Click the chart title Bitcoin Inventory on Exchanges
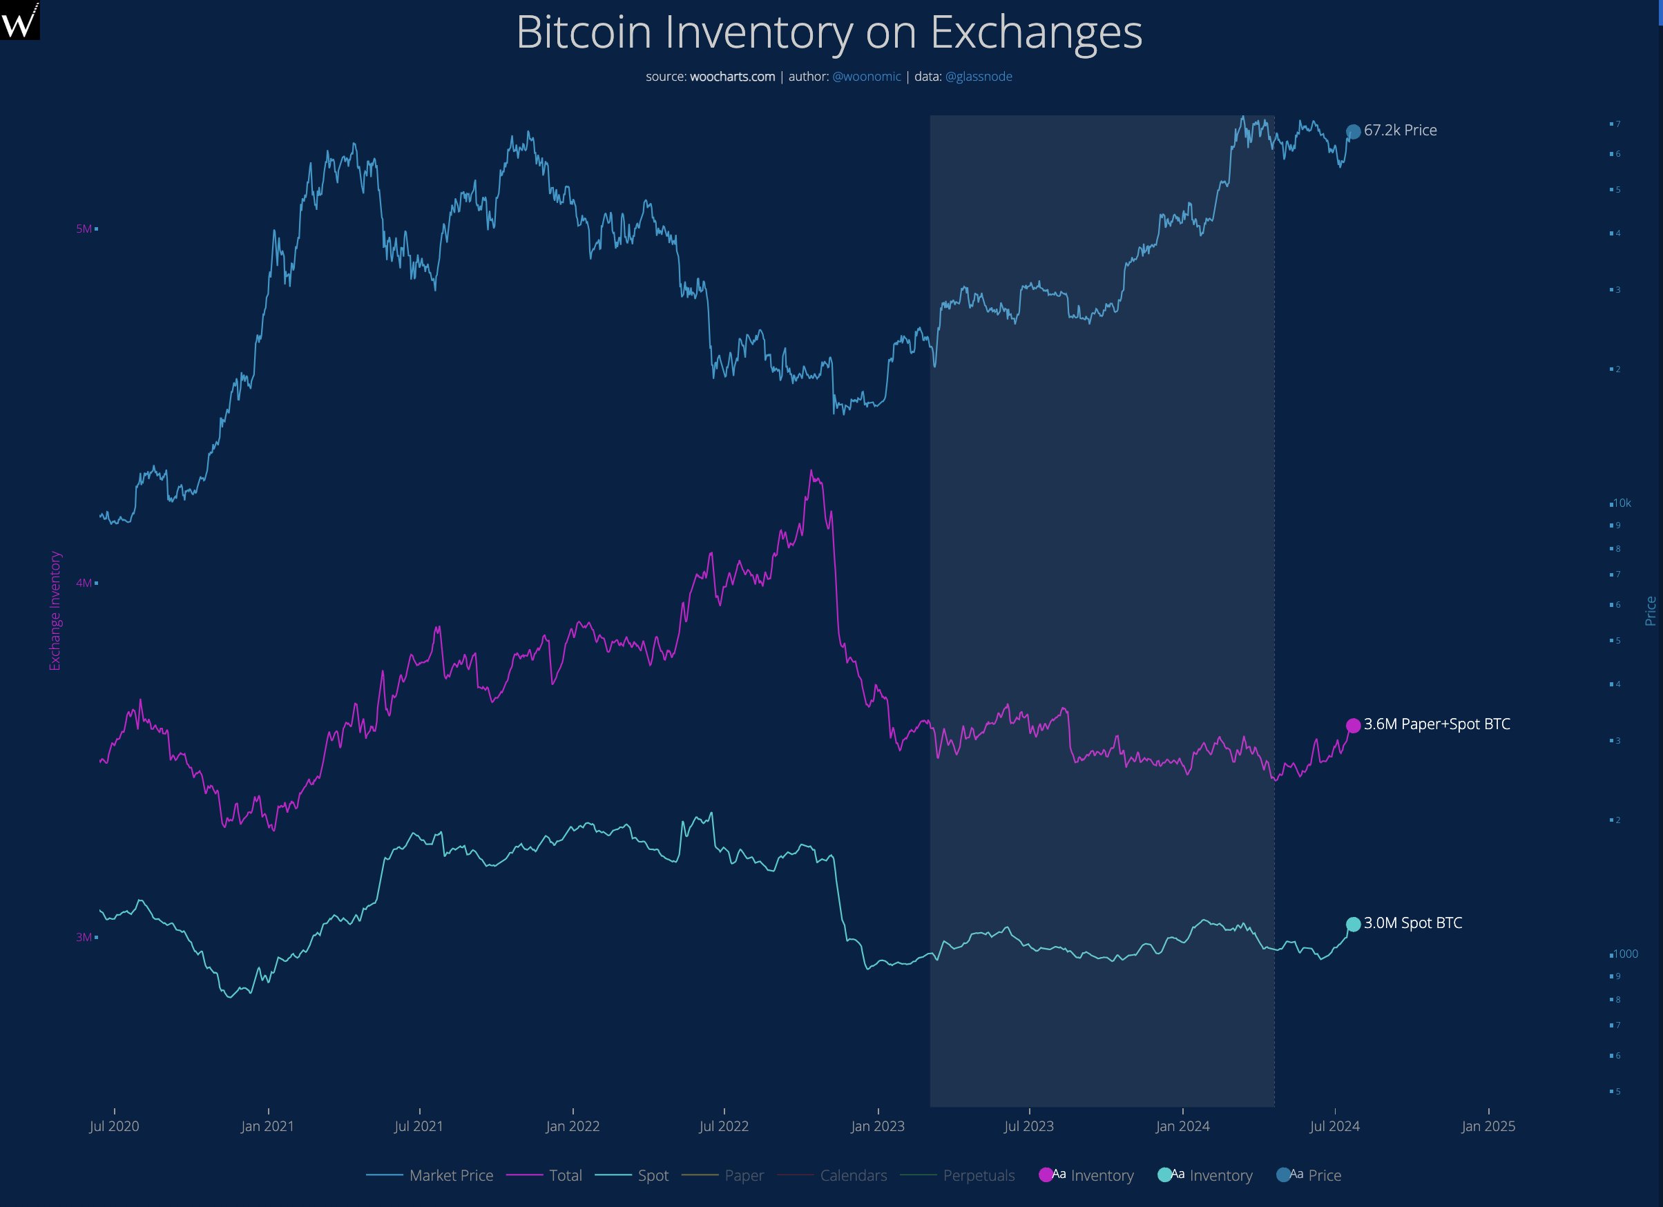829,32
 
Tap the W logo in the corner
19,20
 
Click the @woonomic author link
866,76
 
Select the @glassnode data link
978,76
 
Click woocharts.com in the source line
732,76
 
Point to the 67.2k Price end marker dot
1354,132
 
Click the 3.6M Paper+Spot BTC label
1436,724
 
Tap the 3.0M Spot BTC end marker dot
1354,924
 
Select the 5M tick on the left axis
84,229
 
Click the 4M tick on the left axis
84,583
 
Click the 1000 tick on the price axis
1624,954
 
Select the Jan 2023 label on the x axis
878,1126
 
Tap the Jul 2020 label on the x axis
115,1126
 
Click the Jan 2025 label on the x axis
1488,1126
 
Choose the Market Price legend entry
430,1175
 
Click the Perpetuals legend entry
958,1175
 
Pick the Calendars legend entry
832,1175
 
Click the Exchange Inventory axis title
55,611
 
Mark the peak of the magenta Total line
811,471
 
